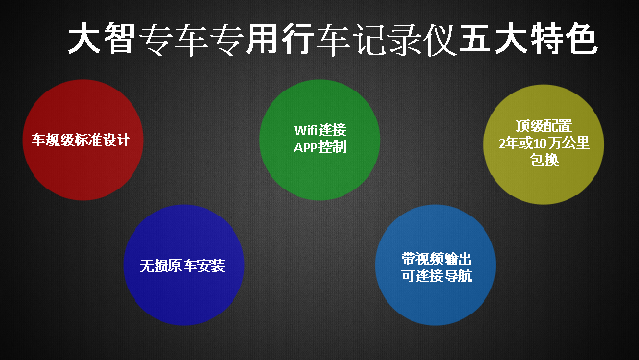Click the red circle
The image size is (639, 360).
coord(80,139)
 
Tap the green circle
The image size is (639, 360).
coord(319,139)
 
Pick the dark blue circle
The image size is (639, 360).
coord(183,266)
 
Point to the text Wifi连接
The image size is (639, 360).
coord(319,130)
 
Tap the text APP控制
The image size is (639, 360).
coord(319,148)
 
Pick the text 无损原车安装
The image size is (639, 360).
coord(183,267)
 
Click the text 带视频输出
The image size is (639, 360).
coord(437,257)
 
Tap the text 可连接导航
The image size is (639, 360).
coord(437,275)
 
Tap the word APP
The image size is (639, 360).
coord(306,148)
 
